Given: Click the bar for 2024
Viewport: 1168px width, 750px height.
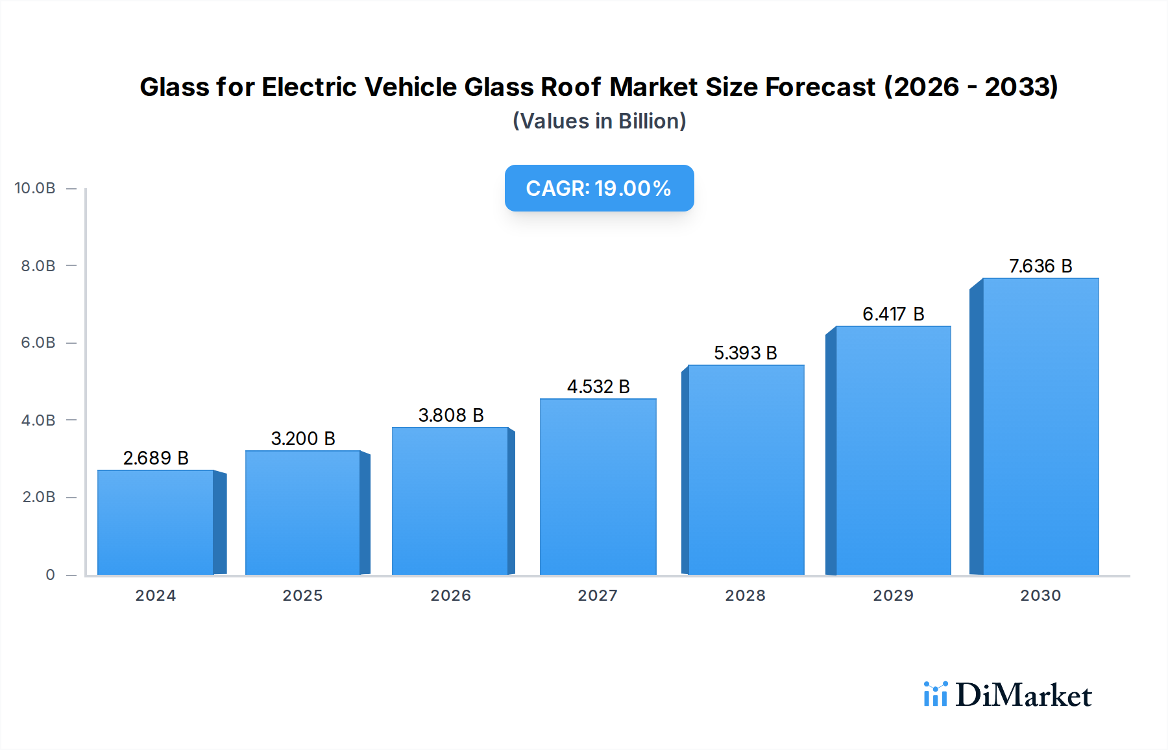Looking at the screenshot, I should pos(156,522).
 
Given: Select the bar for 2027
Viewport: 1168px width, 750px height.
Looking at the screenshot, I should pos(598,487).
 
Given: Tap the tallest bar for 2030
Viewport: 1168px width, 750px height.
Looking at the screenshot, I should pos(1040,426).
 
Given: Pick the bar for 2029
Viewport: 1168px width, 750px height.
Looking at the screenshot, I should pos(893,450).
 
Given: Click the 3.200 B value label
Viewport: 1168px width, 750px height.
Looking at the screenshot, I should pos(303,439).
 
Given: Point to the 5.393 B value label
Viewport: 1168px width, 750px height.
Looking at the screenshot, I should pos(745,353).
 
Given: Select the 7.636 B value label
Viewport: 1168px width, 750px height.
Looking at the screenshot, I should pos(1040,266).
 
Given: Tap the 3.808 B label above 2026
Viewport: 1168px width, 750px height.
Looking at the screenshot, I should pos(451,415).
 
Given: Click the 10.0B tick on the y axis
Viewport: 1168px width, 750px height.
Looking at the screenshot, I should pos(35,188).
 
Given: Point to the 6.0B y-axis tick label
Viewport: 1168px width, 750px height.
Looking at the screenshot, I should pos(38,343).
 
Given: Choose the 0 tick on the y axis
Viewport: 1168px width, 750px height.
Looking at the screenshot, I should pos(50,575).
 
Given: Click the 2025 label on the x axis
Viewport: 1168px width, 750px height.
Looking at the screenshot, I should pos(302,596).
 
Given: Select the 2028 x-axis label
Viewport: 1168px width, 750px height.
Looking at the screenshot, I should pos(745,596).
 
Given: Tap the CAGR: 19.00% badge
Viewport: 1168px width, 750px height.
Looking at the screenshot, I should pos(599,188).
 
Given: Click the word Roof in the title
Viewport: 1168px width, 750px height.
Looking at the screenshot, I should pos(570,87).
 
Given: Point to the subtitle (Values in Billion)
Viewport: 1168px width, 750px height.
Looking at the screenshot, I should pos(599,121).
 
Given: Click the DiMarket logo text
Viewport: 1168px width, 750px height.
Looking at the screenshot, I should pos(1023,696).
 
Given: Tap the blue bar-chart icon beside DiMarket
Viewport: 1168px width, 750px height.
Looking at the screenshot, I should pos(935,694).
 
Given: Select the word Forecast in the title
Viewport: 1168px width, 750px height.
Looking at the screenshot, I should pos(820,87).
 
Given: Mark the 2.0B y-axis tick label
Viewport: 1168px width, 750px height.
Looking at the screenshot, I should pos(39,497).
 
